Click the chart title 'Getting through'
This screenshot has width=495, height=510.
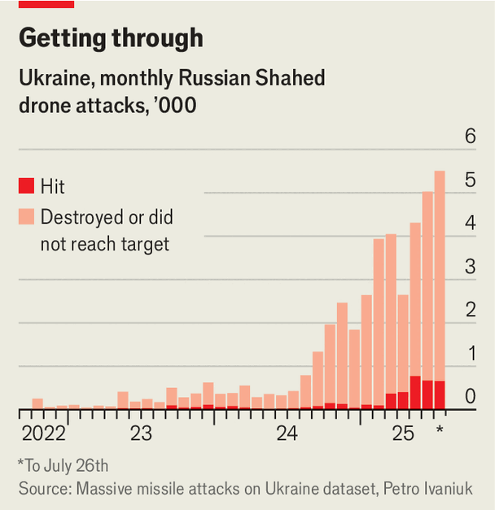111,38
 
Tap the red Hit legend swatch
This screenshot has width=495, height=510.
27,186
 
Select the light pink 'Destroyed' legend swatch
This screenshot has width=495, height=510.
27,217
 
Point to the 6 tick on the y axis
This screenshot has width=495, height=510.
470,137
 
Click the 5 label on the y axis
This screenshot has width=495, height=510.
470,181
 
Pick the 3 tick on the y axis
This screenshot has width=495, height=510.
470,267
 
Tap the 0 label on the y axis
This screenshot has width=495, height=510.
470,397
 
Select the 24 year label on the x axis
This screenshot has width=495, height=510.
287,433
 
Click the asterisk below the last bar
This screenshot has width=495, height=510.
440,429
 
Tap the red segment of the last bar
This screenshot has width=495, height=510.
440,394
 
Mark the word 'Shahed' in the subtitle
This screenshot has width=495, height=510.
287,79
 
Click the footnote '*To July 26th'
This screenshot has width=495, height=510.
63,466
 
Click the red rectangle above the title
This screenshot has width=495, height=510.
46,4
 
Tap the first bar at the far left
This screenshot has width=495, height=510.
37,403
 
